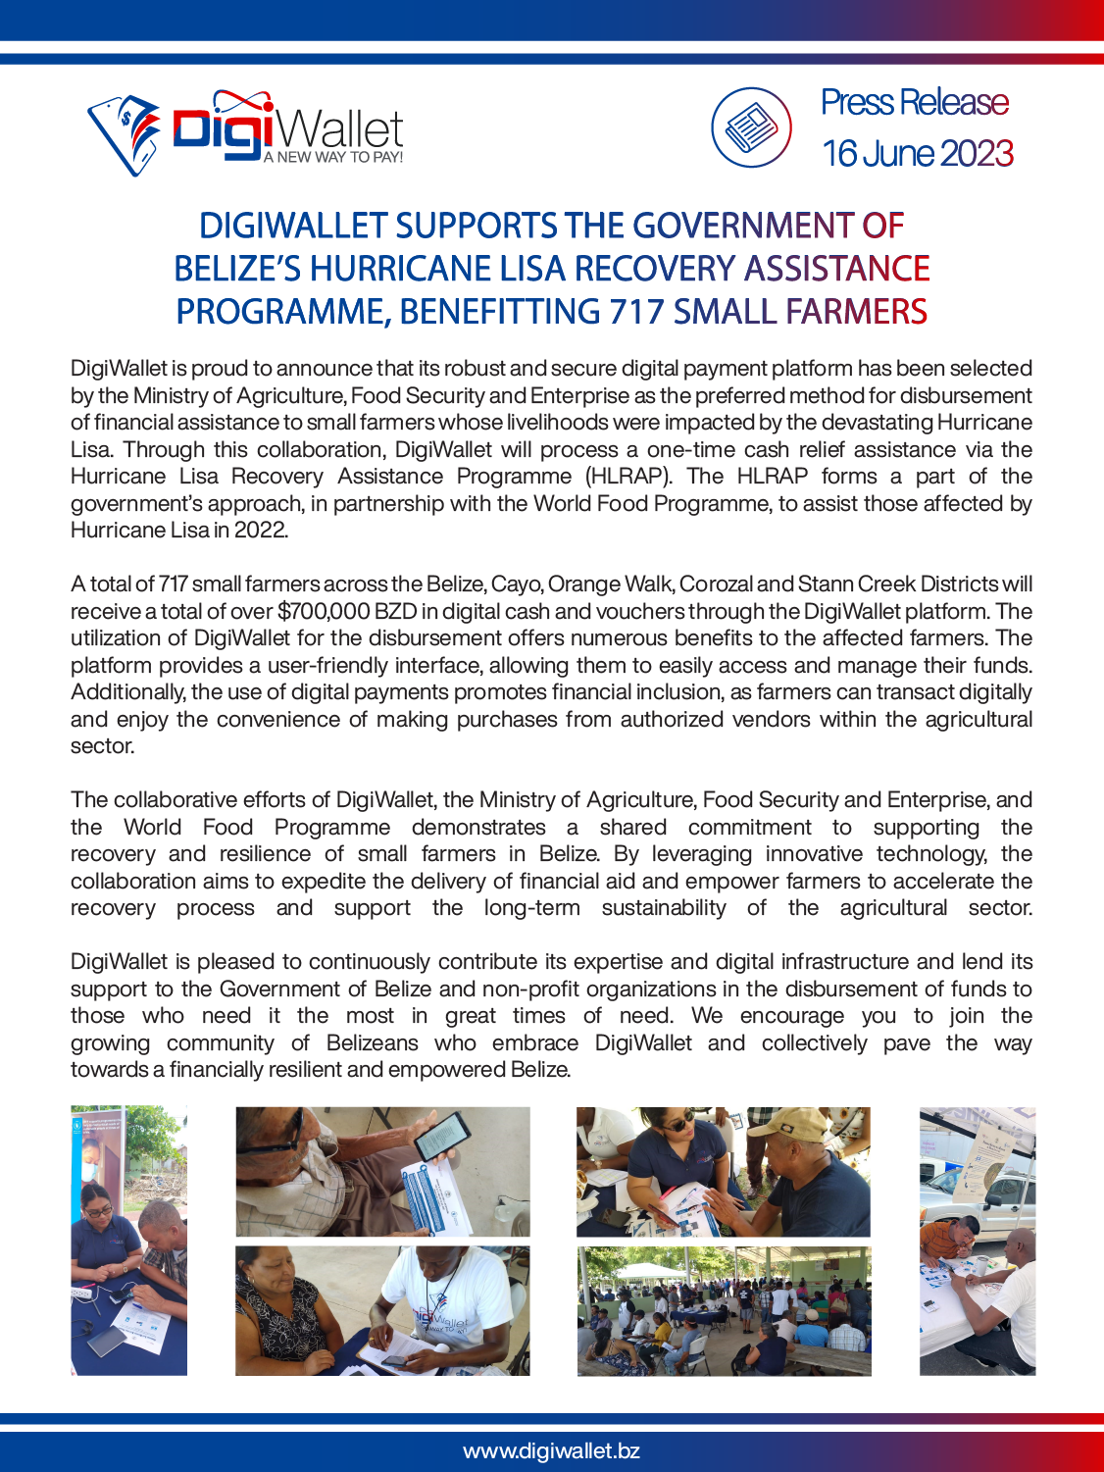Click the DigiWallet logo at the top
coord(245,131)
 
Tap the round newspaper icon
coord(751,127)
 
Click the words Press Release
coord(914,102)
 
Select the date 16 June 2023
coord(917,153)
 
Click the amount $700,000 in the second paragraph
coord(324,611)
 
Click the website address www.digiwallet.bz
coord(551,1450)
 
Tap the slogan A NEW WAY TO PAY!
coord(333,157)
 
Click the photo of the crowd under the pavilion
coord(724,1311)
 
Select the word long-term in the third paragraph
coord(531,908)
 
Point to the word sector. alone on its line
coord(102,746)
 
